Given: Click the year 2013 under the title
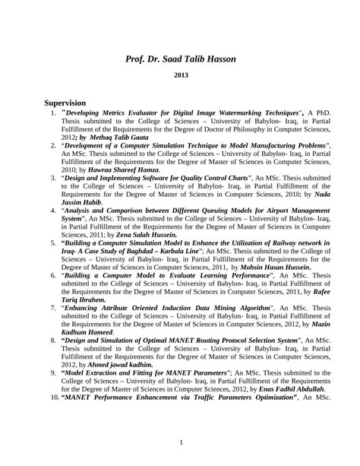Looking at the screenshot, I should (182, 76).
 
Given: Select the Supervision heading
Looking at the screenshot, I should (65, 103).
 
